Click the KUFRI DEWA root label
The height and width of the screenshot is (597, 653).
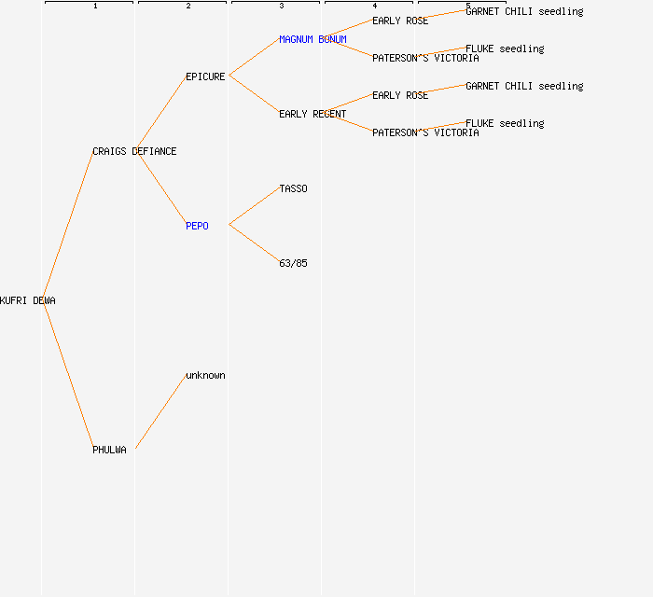click(x=28, y=300)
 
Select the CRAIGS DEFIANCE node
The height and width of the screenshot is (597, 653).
click(x=134, y=151)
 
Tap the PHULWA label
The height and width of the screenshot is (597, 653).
click(x=109, y=450)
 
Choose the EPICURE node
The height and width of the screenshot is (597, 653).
click(x=205, y=76)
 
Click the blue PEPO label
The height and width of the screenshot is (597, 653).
click(x=197, y=226)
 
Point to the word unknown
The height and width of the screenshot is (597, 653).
click(x=205, y=375)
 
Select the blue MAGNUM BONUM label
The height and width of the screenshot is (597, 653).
click(x=313, y=39)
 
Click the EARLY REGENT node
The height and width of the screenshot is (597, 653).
click(x=313, y=114)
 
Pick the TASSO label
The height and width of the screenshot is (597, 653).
click(x=293, y=188)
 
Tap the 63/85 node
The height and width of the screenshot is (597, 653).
click(x=293, y=263)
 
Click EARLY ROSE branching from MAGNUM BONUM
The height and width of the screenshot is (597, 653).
click(x=400, y=21)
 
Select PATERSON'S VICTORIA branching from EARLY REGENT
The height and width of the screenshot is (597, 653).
click(x=425, y=132)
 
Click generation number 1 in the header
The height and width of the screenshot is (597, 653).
click(x=95, y=7)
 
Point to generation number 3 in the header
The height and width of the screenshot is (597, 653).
click(x=282, y=7)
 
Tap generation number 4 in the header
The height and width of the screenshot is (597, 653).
click(x=375, y=7)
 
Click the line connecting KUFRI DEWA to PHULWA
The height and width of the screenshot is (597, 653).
click(x=67, y=375)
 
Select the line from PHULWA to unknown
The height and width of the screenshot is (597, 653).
click(x=160, y=412)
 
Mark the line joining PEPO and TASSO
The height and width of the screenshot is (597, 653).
click(x=254, y=207)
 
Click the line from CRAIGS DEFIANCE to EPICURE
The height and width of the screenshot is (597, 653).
click(x=160, y=114)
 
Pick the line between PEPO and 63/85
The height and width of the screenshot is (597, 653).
click(x=254, y=244)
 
